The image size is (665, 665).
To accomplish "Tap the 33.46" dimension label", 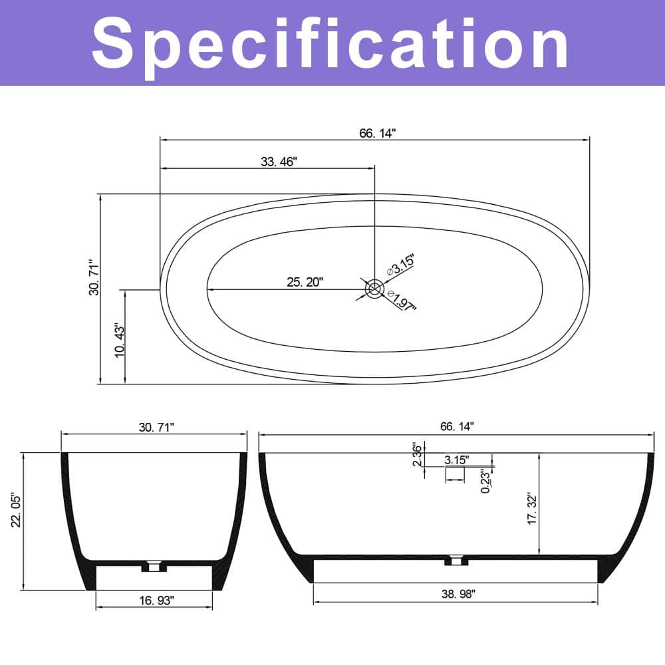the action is (279, 162).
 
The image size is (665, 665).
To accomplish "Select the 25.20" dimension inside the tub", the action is (305, 282).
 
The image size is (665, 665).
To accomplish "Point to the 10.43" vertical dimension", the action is (120, 341).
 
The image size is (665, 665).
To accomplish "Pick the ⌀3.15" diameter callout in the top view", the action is (400, 266).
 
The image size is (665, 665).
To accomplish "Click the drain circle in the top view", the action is (374, 289).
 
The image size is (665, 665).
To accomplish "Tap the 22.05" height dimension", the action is (16, 510).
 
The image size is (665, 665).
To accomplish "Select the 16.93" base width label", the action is (157, 600).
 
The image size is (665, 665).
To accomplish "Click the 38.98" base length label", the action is (458, 594).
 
